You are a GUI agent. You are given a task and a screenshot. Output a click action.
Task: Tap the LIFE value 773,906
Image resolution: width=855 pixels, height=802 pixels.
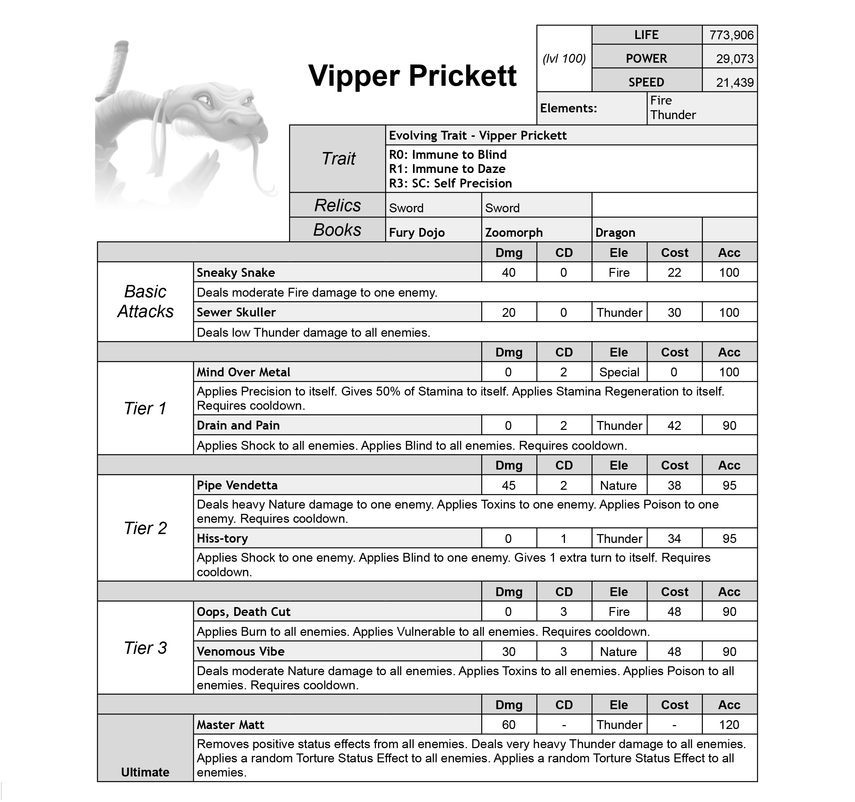pyautogui.click(x=731, y=35)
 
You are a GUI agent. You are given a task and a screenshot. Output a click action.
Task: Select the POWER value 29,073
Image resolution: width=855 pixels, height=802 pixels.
pyautogui.click(x=734, y=59)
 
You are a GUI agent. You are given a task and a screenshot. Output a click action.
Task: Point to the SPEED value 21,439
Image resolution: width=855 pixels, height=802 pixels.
pyautogui.click(x=734, y=83)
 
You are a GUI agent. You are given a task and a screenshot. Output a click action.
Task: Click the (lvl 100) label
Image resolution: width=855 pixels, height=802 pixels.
pyautogui.click(x=564, y=58)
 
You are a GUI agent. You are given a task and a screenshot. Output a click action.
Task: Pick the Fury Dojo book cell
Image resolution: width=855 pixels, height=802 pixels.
pyautogui.click(x=416, y=232)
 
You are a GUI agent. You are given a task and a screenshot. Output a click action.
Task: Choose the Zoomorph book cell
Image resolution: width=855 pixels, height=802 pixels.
pyautogui.click(x=513, y=232)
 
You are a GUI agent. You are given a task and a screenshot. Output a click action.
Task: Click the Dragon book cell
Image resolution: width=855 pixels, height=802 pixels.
pyautogui.click(x=615, y=232)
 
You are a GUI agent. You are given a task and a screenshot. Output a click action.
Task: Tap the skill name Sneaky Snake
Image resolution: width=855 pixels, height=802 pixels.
pyautogui.click(x=236, y=273)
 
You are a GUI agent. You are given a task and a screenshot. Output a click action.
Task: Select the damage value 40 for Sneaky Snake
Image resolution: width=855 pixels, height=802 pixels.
pyautogui.click(x=509, y=273)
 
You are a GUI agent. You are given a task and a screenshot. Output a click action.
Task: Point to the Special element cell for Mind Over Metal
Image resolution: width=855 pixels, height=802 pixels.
pyautogui.click(x=619, y=372)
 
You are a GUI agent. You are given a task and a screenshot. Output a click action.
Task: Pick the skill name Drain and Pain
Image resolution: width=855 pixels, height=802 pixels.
pyautogui.click(x=238, y=426)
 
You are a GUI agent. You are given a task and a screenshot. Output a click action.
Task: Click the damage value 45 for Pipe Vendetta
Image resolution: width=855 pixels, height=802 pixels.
pyautogui.click(x=509, y=485)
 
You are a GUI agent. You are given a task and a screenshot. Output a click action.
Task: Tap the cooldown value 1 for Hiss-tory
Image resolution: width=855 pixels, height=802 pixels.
pyautogui.click(x=563, y=539)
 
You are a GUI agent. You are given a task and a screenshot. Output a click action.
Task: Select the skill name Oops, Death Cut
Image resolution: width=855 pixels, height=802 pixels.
pyautogui.click(x=243, y=612)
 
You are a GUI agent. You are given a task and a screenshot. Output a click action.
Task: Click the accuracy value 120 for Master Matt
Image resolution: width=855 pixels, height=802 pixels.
pyautogui.click(x=729, y=725)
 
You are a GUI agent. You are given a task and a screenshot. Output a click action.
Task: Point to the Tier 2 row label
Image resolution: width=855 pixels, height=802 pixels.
pyautogui.click(x=145, y=528)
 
